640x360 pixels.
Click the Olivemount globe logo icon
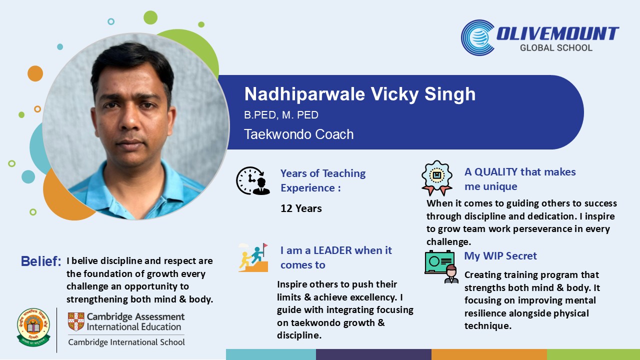477,37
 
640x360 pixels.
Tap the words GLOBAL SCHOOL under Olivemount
556,47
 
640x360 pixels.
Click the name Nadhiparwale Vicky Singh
359,94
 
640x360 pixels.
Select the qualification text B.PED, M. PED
281,115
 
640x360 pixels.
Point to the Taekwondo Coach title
299,134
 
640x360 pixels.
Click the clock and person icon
253,180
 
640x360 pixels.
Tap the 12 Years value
301,208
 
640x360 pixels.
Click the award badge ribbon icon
437,178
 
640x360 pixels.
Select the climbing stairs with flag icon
253,257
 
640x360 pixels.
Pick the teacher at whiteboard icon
441,267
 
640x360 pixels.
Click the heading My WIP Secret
500,255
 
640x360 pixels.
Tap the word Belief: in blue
41,261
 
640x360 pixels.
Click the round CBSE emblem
33,327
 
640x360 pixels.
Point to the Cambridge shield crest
76,321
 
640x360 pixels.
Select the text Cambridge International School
126,342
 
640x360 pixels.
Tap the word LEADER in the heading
332,250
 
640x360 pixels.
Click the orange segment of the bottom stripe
489,354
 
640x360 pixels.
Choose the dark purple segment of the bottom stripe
373,354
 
